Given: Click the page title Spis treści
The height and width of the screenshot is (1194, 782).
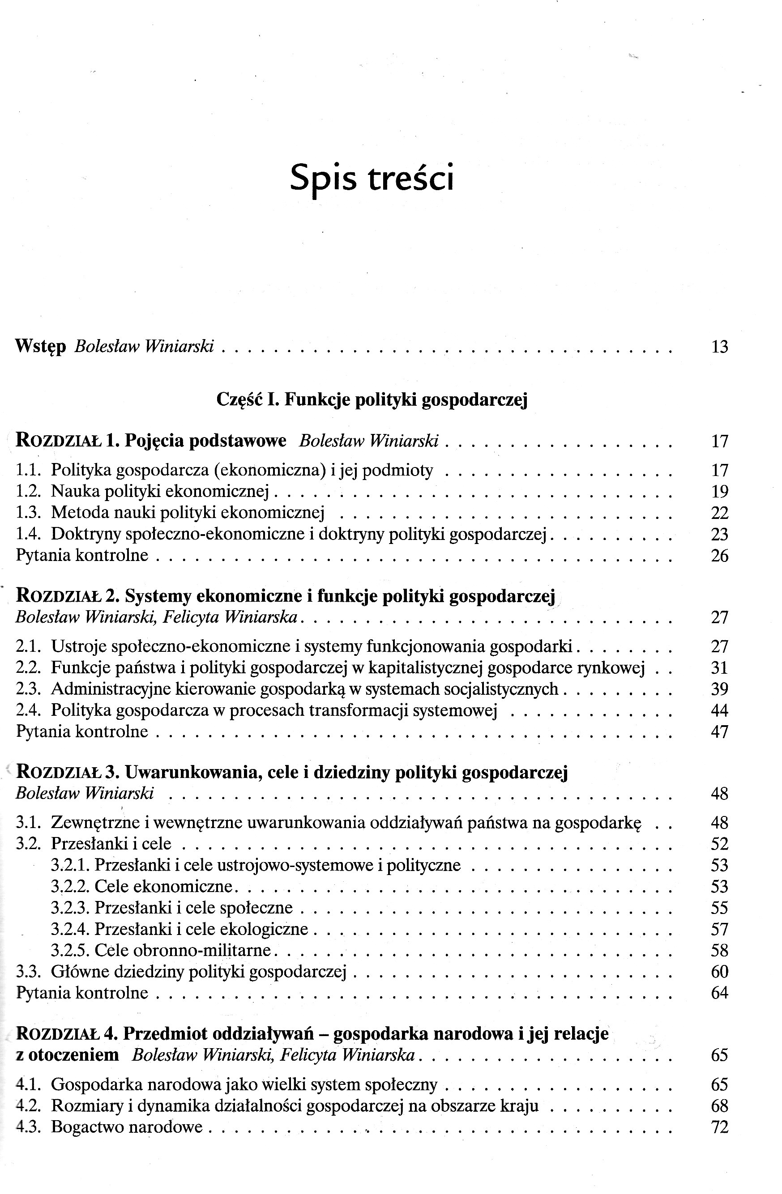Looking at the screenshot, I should (372, 178).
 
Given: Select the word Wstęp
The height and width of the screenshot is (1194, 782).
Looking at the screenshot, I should (41, 347).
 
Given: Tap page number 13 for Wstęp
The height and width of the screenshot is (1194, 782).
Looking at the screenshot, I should (719, 347).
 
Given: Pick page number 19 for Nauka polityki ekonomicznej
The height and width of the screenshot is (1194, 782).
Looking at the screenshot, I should (719, 492).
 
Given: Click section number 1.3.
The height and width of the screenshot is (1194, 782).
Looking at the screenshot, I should (28, 513).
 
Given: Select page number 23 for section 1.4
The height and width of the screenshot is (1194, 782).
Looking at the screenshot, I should (719, 534).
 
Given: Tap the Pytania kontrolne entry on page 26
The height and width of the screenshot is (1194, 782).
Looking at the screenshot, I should (82, 555).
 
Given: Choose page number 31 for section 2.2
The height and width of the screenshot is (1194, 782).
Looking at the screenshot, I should (719, 668).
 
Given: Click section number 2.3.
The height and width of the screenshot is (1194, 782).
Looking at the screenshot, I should (28, 689).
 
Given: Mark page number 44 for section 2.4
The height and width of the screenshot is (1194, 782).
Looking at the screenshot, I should (719, 710).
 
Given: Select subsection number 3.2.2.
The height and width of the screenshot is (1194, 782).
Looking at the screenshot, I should (70, 887).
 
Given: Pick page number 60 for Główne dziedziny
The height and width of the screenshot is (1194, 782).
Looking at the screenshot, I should (719, 972).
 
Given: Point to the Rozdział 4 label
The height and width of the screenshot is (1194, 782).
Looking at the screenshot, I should (66, 1034).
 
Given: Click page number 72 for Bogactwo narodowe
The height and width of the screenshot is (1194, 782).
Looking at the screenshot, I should (719, 1127).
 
